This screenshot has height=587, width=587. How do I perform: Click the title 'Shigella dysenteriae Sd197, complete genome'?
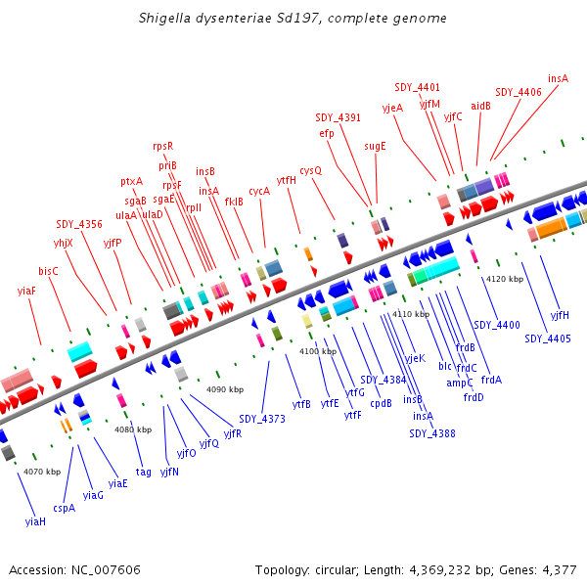click(293, 18)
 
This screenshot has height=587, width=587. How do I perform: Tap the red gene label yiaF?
click(26, 291)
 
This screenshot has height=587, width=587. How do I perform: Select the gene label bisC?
click(49, 271)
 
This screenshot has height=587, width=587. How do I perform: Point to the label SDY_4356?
click(79, 224)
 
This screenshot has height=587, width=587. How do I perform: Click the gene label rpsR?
click(162, 146)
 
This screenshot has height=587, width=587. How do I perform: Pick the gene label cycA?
click(259, 191)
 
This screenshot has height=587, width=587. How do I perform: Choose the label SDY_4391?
click(339, 117)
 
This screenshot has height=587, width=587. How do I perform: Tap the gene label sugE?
click(376, 146)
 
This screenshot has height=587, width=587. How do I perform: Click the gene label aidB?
click(481, 105)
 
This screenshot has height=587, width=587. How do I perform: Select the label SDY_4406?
click(519, 92)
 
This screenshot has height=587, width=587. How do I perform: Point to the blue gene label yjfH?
click(560, 315)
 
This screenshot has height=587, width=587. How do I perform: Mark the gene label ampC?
click(460, 383)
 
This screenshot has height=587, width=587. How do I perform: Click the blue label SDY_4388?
click(432, 433)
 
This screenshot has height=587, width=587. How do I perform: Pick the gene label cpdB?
click(381, 402)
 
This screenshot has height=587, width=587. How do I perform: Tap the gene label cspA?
click(65, 508)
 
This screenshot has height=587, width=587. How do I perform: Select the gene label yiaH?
click(35, 522)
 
